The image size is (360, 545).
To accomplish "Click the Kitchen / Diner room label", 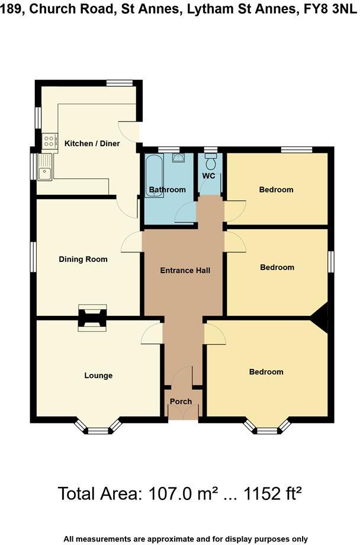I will [x=92, y=143].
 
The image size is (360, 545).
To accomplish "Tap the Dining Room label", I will [x=83, y=259].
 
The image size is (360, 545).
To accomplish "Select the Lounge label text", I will [x=98, y=376].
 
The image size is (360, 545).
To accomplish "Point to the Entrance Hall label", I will [x=185, y=271].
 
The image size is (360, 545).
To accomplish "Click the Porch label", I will [x=181, y=402].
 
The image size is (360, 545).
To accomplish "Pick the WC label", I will [x=208, y=177].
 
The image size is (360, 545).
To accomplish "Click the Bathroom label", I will [x=167, y=190].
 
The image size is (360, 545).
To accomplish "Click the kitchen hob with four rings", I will [x=48, y=141].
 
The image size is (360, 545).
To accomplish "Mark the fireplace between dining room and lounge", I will [x=93, y=318].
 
